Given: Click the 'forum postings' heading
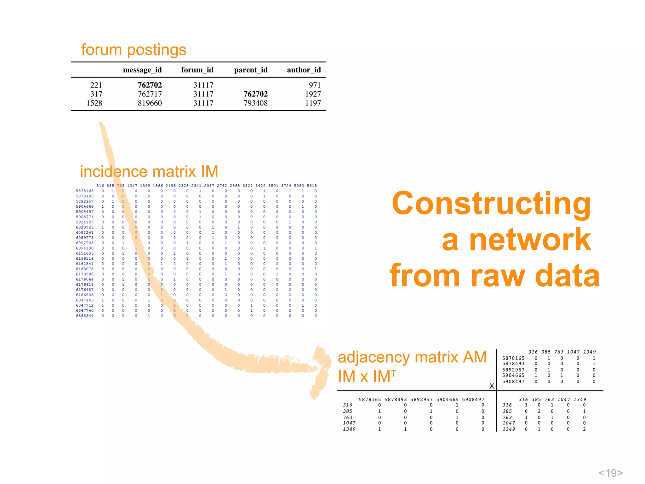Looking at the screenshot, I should point(134,50).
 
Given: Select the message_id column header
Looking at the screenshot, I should point(142,70).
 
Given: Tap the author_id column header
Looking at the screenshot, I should point(304,70).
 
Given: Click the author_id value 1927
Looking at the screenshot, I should point(313,94).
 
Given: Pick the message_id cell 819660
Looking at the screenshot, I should point(150,103).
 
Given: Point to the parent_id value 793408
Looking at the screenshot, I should point(255,103).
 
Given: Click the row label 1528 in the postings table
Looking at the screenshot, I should point(94,103).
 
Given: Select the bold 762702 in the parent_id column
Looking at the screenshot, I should point(255,94).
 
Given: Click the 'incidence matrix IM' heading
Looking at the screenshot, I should point(149,171).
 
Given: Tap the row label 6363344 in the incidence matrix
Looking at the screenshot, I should point(85,316).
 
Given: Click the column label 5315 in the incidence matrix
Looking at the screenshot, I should point(312,186).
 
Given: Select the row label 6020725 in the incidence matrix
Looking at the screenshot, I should point(85,227).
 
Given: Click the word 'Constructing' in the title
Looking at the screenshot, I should point(491,203).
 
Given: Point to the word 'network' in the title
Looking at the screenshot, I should point(530,240).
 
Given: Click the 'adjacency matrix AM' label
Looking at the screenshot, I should point(412,357).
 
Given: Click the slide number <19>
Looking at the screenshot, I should point(610,473).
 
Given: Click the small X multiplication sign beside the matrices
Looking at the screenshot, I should point(492,386).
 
